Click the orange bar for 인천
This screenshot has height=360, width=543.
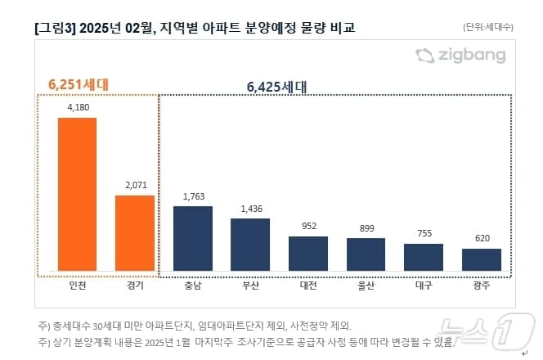(77, 194)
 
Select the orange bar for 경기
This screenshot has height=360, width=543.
(134, 232)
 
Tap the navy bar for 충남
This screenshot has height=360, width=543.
(192, 238)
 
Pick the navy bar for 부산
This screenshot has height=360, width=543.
(250, 244)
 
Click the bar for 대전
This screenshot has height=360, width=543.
(308, 254)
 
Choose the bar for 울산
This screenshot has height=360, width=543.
(366, 254)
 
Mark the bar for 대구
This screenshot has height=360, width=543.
(424, 257)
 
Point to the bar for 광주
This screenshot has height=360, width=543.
(482, 259)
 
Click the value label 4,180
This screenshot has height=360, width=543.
(77, 106)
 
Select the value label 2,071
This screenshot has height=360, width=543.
(134, 184)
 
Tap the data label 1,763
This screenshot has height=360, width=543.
(192, 196)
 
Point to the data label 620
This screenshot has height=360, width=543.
(482, 238)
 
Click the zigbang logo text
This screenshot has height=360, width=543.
(470, 56)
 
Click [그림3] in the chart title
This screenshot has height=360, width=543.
(55, 28)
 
